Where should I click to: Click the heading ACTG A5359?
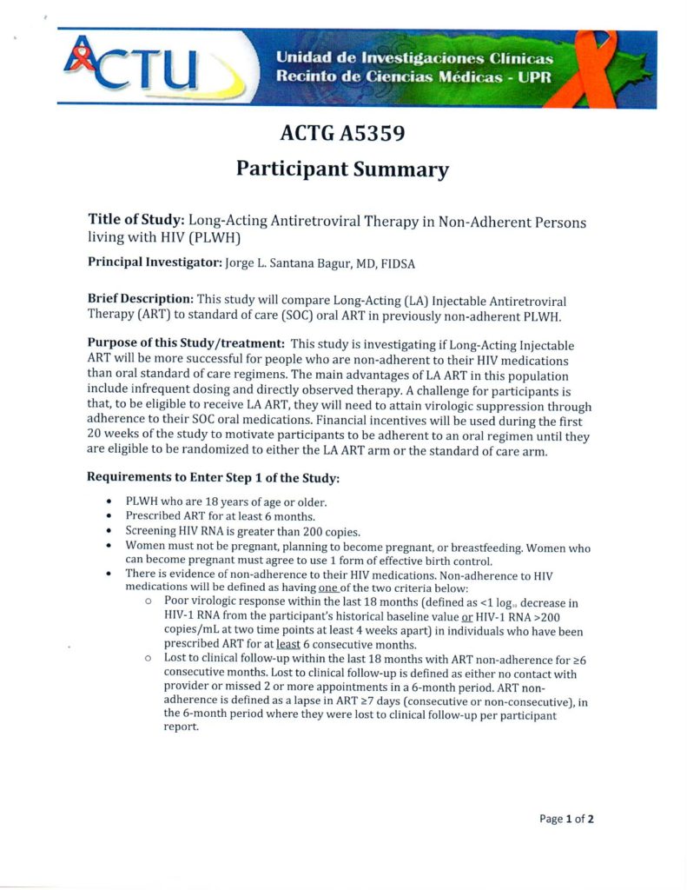click(343, 134)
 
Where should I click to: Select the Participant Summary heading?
click(343, 169)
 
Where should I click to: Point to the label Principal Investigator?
click(154, 262)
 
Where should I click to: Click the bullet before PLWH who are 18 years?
click(108, 502)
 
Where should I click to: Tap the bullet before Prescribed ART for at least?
click(108, 516)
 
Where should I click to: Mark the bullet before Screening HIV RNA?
click(108, 531)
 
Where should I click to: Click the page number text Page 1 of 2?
click(566, 819)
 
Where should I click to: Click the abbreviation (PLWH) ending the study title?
click(208, 237)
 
